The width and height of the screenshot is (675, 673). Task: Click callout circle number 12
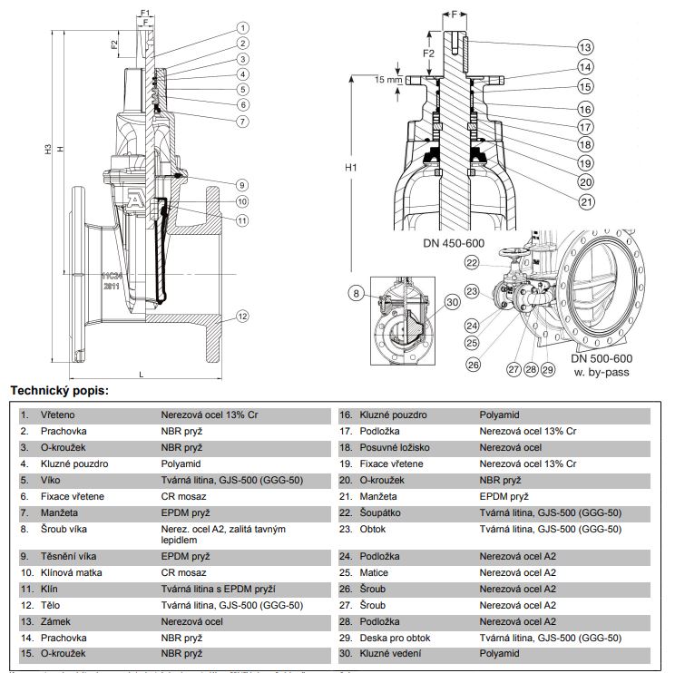[243, 317]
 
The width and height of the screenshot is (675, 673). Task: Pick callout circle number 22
[472, 262]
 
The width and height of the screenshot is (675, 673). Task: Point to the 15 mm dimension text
[386, 80]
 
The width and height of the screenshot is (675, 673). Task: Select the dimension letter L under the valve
[142, 374]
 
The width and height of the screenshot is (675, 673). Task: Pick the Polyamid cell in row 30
[500, 653]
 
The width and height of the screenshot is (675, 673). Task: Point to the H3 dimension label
[48, 151]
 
